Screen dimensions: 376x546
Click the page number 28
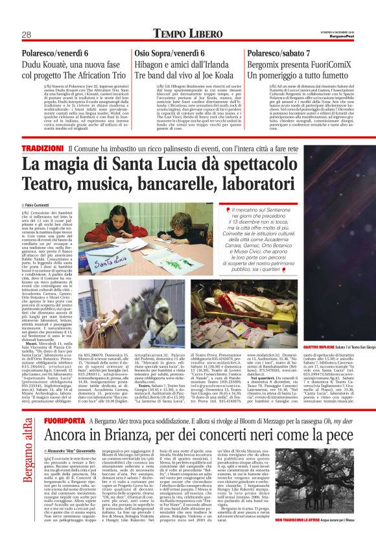[27, 34]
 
